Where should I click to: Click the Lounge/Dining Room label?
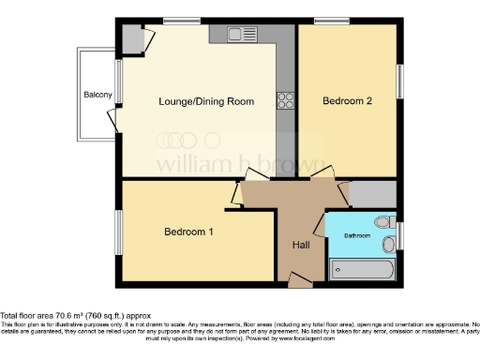[206, 100]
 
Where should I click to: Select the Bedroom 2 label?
[348, 100]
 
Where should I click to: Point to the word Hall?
[300, 244]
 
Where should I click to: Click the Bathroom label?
[356, 235]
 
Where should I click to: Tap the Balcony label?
[97, 95]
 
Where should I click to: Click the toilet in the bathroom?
[382, 222]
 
